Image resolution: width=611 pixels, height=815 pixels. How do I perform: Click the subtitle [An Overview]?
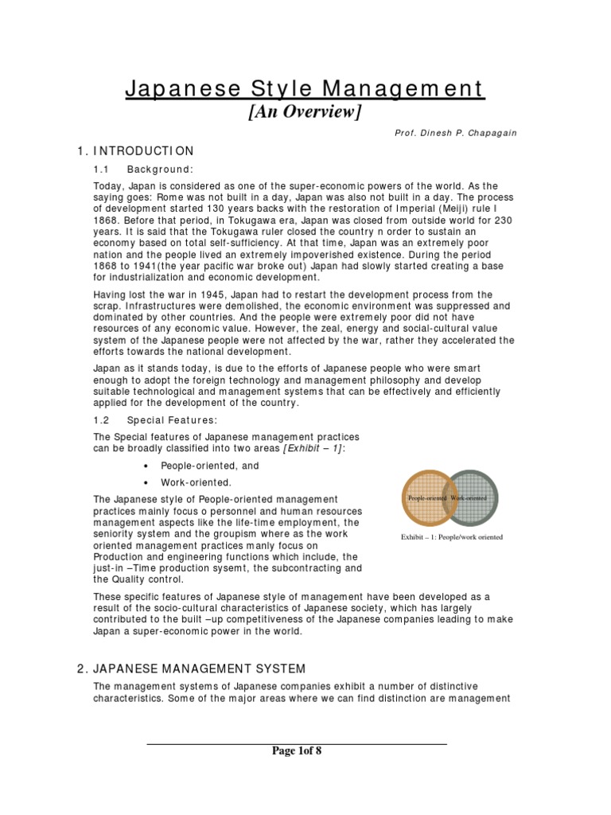pyautogui.click(x=305, y=112)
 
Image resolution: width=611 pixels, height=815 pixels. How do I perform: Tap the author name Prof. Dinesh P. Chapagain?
pyautogui.click(x=467, y=133)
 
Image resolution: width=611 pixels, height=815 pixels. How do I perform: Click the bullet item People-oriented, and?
pyautogui.click(x=210, y=466)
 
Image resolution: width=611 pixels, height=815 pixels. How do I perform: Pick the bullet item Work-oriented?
pyautogui.click(x=197, y=482)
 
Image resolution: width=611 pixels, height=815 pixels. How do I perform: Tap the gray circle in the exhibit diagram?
pyautogui.click(x=477, y=498)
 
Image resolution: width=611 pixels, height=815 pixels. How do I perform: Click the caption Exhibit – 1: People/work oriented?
pyautogui.click(x=451, y=537)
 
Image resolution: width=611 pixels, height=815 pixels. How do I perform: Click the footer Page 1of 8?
pyautogui.click(x=297, y=751)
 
